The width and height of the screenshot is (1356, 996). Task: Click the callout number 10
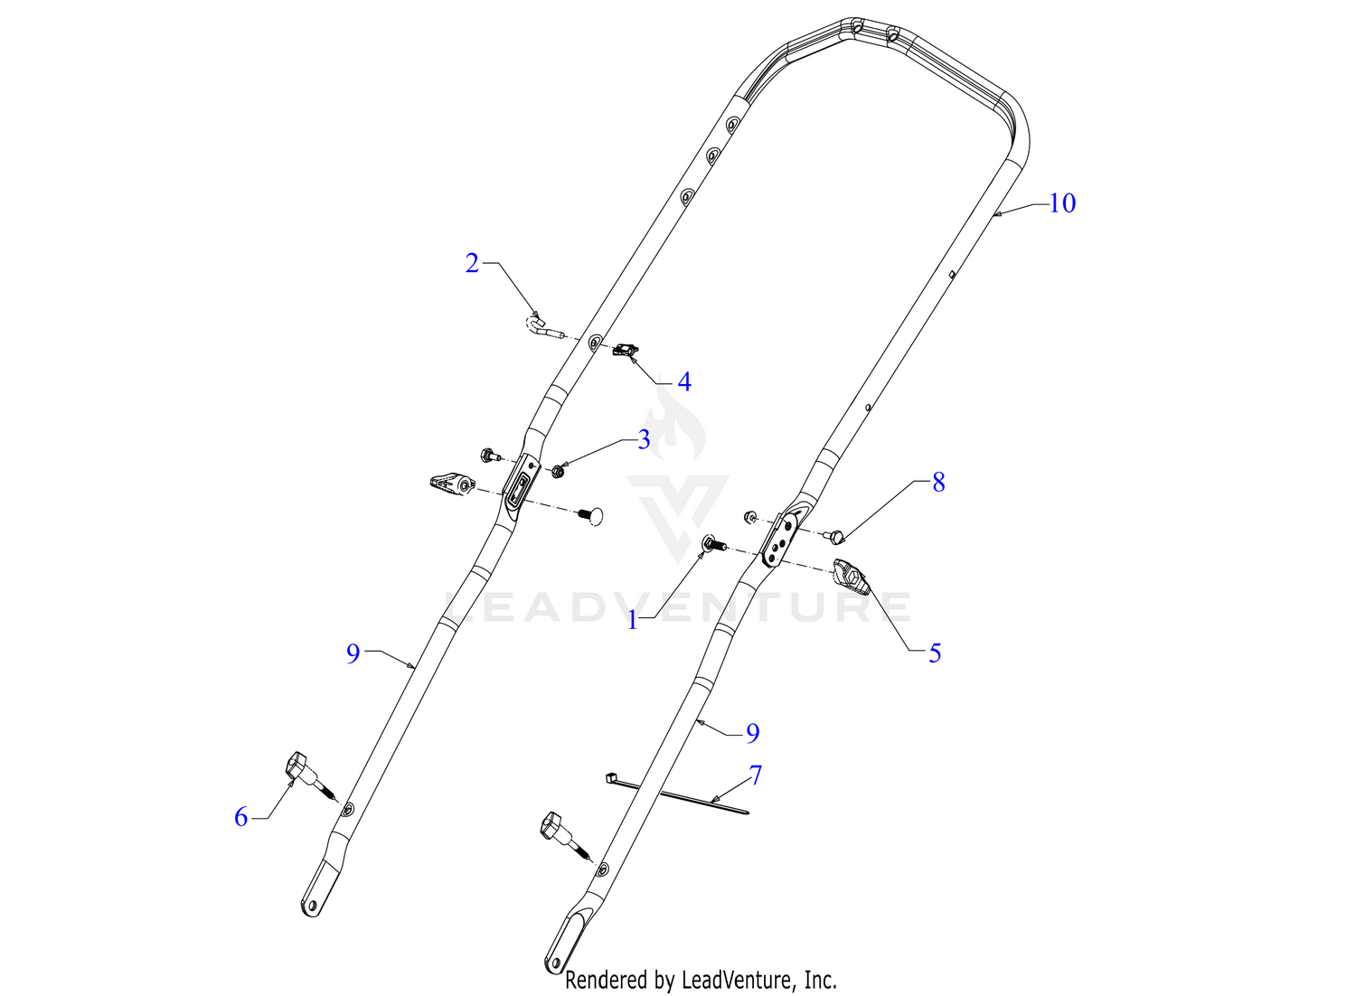pos(1062,203)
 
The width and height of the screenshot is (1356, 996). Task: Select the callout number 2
pos(472,263)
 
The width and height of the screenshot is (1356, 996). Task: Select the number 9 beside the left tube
pos(353,653)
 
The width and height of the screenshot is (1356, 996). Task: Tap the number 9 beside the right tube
pos(752,733)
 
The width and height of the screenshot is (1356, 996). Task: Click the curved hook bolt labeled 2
pos(543,327)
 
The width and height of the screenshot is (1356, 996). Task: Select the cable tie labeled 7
pos(676,795)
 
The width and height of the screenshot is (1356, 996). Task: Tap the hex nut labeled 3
pos(559,470)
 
